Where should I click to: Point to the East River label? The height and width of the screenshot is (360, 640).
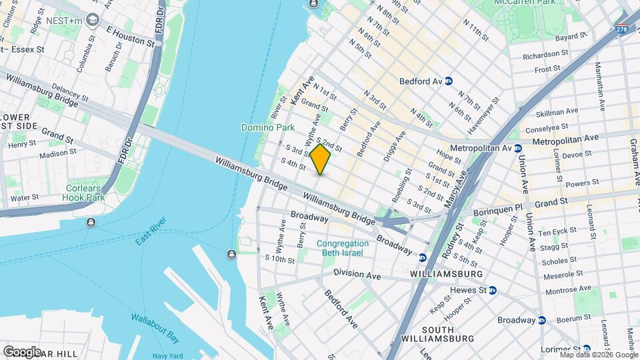click(x=151, y=231)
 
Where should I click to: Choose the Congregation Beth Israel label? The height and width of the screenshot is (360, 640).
click(x=343, y=248)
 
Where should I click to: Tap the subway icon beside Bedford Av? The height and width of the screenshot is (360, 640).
click(x=449, y=81)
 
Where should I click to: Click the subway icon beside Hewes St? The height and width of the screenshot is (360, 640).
click(x=493, y=290)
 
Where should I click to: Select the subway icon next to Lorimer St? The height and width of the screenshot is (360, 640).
click(x=585, y=349)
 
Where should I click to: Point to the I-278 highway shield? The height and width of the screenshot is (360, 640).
click(x=621, y=29)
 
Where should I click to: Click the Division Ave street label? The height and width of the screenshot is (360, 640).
click(x=357, y=275)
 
